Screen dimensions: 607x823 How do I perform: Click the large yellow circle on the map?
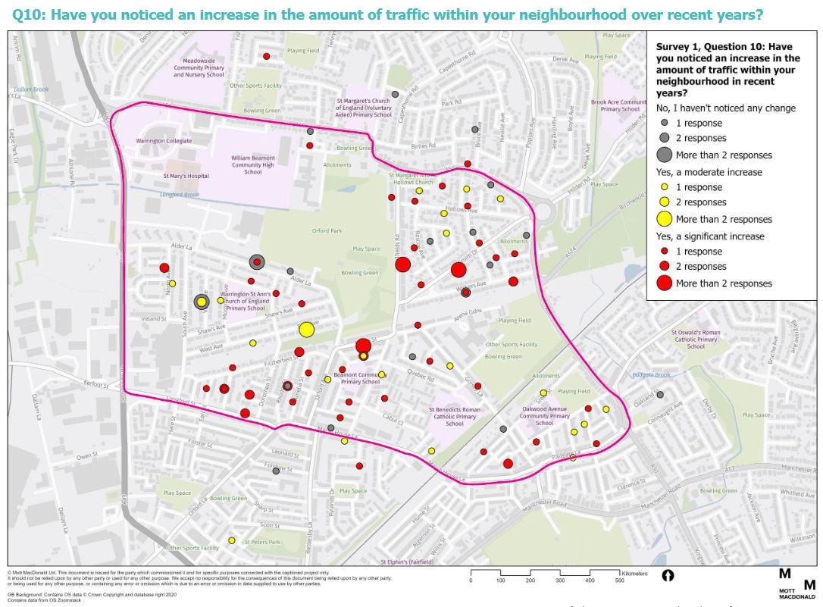306,329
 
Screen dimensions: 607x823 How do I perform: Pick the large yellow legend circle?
664,219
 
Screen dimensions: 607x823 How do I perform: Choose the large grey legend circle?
664,155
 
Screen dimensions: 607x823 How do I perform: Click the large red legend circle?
664,283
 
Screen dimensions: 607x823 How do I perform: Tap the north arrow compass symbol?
668,576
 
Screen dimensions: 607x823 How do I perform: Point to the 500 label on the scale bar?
619,580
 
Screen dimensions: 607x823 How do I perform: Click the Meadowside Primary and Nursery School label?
199,70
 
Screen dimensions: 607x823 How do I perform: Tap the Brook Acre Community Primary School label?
620,105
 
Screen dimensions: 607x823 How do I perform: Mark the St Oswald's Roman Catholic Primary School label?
695,339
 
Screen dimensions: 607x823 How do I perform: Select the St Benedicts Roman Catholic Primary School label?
455,416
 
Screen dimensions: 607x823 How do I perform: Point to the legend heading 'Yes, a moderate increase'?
709,172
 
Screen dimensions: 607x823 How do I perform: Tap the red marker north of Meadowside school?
266,56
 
